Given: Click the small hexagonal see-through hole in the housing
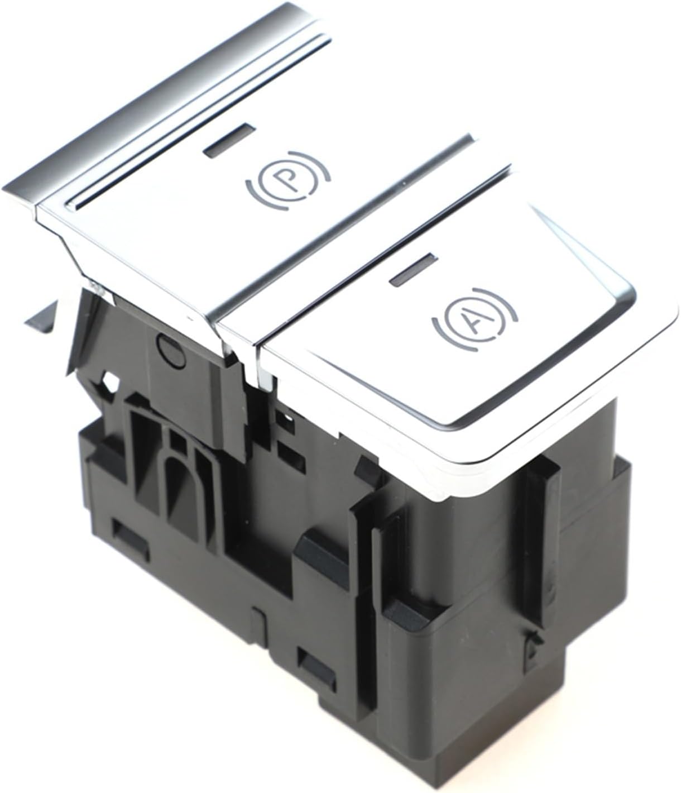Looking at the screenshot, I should [x=109, y=383].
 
